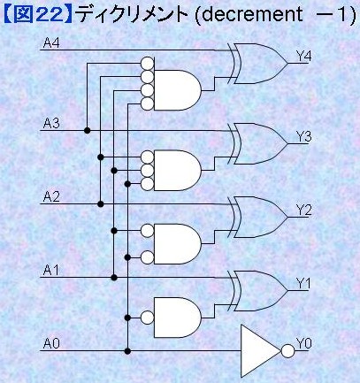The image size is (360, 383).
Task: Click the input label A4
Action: (x=51, y=42)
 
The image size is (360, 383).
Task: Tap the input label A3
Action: (x=51, y=123)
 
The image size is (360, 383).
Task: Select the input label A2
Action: (x=51, y=196)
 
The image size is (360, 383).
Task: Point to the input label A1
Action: (x=50, y=271)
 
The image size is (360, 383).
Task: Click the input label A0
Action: (x=51, y=344)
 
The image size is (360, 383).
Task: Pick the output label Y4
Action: (x=303, y=56)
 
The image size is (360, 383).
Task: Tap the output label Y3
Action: (x=303, y=137)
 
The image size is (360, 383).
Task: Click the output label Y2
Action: (x=303, y=211)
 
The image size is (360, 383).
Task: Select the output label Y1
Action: (x=303, y=284)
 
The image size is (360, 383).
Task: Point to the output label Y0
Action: (x=303, y=344)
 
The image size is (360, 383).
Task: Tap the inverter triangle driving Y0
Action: (x=260, y=351)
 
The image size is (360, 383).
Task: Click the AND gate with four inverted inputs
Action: (x=178, y=90)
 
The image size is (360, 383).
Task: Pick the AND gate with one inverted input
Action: (x=178, y=318)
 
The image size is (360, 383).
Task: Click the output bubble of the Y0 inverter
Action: (x=287, y=351)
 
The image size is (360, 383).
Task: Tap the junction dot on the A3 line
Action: (x=87, y=130)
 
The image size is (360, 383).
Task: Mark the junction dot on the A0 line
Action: (x=127, y=351)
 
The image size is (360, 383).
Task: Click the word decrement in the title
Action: (x=252, y=14)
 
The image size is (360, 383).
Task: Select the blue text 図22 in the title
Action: (x=39, y=14)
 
